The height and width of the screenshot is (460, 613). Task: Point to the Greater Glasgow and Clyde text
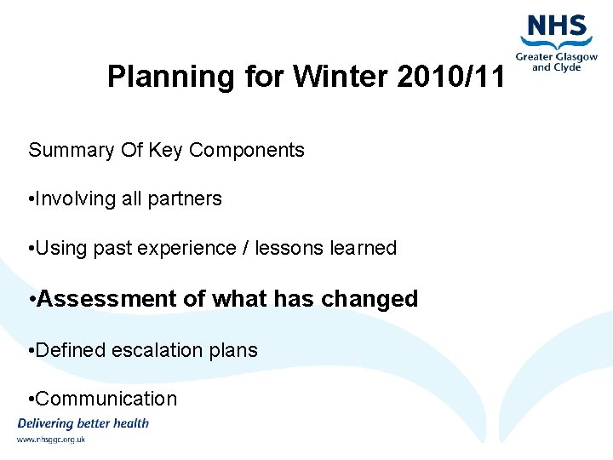(x=556, y=62)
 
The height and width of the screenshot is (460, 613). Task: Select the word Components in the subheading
(x=247, y=151)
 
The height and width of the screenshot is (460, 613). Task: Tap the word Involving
(x=76, y=199)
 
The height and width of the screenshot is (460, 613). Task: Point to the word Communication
(x=107, y=399)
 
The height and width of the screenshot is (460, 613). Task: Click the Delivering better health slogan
(x=83, y=423)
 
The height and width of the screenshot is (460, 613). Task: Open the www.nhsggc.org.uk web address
(x=51, y=440)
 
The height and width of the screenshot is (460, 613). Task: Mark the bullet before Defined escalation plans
(x=31, y=350)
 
